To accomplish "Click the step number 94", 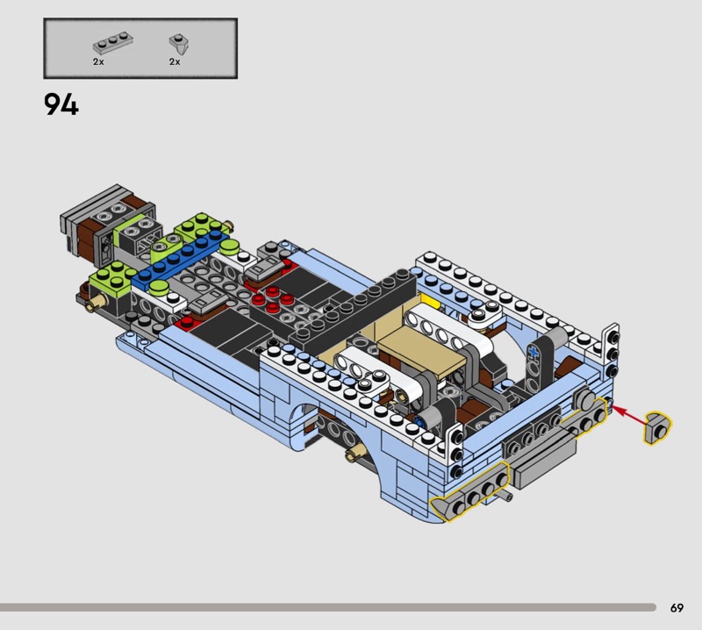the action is point(61,104).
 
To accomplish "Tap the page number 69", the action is point(677,607).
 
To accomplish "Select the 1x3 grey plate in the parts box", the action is point(113,43).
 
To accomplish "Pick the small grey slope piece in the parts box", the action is point(179,44).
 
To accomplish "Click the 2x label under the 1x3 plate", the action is point(98,61).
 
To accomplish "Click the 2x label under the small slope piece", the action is point(175,61).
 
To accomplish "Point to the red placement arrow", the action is point(628,413).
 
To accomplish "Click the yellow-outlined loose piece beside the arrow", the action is point(657,428).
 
